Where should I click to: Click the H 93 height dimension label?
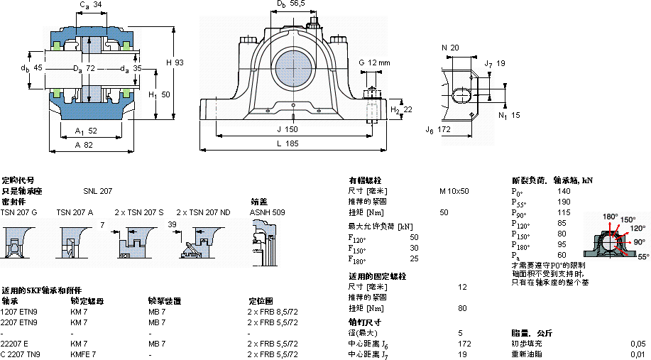175,63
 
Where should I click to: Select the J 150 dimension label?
288,129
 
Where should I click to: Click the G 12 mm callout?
375,63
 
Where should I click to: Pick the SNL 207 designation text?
97,191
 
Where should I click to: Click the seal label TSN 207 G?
18,212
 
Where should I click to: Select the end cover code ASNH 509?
267,212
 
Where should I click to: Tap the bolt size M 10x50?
454,191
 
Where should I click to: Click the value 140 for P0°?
564,191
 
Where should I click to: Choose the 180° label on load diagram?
610,216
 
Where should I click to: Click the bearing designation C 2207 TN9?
21,354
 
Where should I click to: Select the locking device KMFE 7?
84,354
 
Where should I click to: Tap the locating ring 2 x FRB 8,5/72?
273,312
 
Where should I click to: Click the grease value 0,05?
638,343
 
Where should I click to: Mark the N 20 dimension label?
450,48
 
